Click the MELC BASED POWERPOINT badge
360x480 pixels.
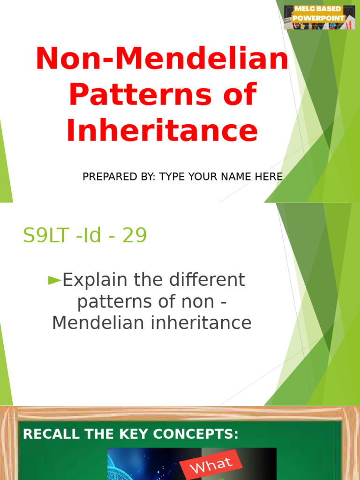(319, 17)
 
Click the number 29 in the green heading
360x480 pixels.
(135, 236)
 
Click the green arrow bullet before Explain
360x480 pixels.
(55, 280)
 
